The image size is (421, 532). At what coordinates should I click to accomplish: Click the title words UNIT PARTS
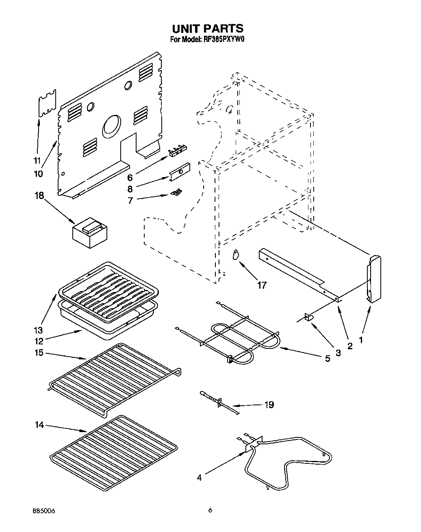208,28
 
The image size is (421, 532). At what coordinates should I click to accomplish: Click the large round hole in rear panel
112,126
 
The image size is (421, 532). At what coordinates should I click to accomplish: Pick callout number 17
262,285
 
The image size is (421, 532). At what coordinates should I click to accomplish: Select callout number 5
328,359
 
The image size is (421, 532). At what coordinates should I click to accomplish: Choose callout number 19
269,404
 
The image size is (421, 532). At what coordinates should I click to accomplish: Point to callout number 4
199,478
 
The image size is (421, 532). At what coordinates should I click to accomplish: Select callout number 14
39,425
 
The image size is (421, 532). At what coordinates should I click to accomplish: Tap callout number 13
39,330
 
